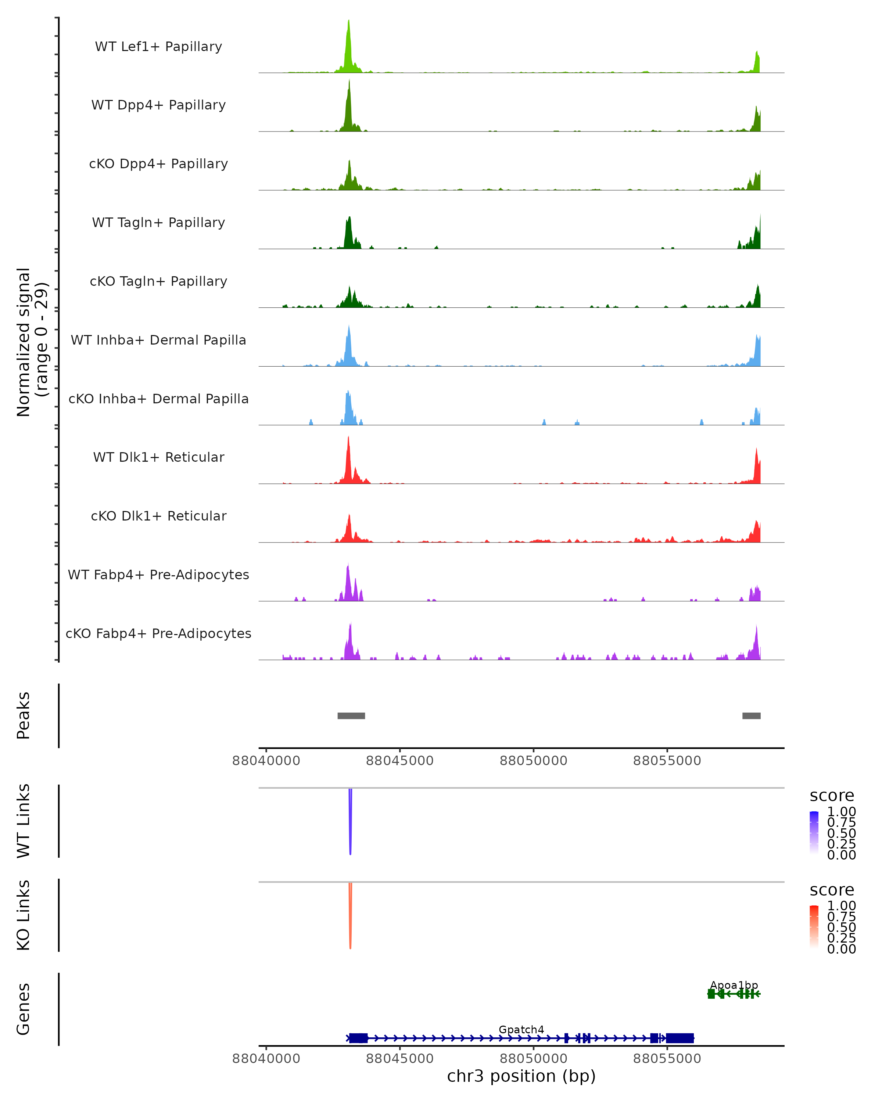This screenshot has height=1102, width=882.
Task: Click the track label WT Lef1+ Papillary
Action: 158,47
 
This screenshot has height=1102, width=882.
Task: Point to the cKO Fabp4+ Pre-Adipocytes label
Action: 158,633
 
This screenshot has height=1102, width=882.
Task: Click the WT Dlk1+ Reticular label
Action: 158,457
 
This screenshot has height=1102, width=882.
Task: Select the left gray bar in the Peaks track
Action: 351,716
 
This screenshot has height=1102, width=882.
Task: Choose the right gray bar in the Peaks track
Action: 751,716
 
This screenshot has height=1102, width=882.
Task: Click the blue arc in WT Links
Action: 350,823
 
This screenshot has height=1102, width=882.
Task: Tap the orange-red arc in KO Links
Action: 350,918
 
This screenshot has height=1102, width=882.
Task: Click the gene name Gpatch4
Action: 521,1029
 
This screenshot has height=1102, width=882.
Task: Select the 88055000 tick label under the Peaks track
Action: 667,761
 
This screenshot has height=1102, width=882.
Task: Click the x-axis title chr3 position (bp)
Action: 521,1076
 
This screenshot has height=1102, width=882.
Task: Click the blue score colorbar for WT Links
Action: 814,833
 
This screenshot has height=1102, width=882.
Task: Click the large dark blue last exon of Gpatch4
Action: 680,1038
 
